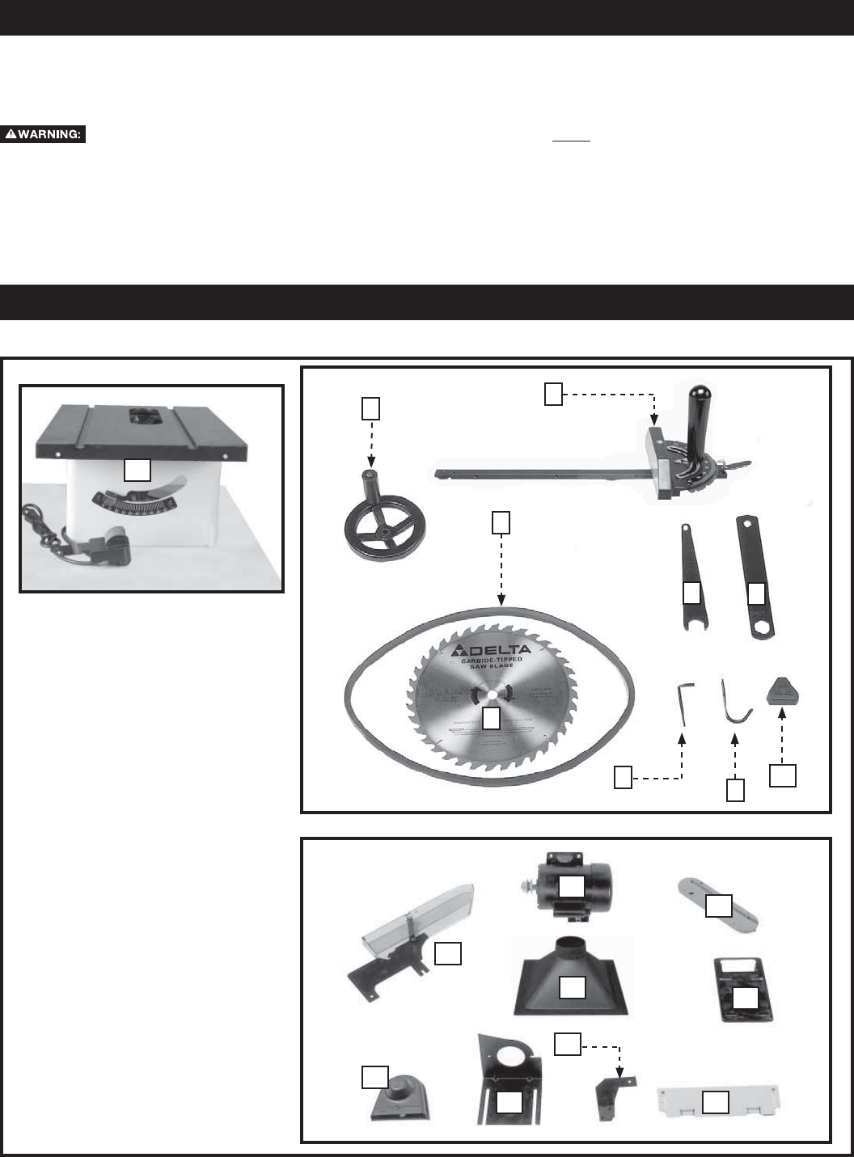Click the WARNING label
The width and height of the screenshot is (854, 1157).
pyautogui.click(x=44, y=135)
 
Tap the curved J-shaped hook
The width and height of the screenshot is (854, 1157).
pyautogui.click(x=734, y=703)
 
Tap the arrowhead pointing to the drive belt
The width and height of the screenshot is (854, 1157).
pyautogui.click(x=502, y=602)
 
